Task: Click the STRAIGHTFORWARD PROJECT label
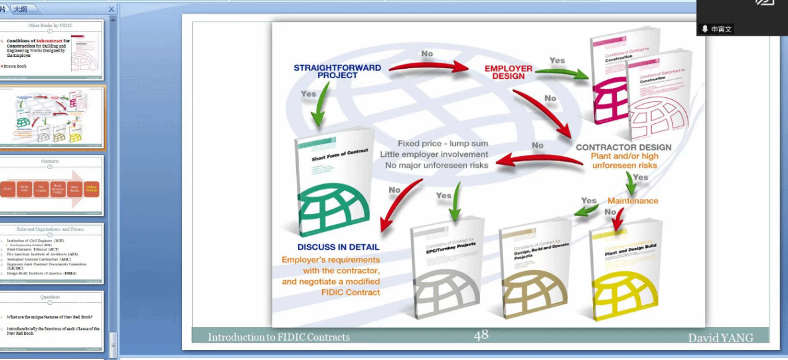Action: point(337,71)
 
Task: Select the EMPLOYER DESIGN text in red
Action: point(508,72)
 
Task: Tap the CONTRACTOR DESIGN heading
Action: point(623,147)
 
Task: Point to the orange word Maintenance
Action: point(633,201)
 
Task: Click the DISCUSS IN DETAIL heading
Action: point(338,247)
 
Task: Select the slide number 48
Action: point(481,335)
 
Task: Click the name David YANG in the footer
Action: point(720,338)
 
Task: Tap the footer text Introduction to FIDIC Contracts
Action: point(279,338)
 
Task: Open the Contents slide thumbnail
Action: point(50,185)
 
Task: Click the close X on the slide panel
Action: point(112,9)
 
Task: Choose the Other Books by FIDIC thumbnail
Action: point(50,50)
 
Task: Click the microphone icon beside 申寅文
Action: point(705,29)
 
